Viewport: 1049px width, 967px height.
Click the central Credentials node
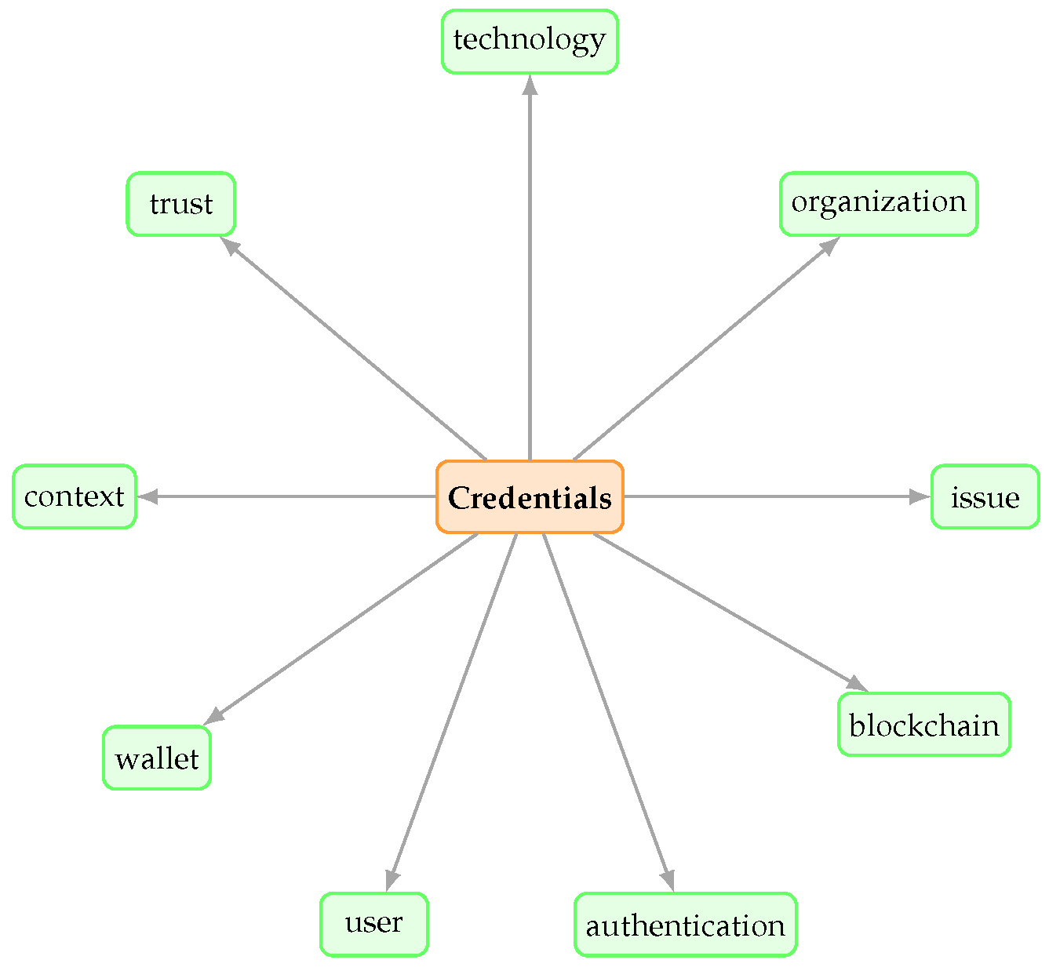coord(530,497)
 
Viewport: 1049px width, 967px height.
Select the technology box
coord(530,42)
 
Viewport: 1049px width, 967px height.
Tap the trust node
coord(181,204)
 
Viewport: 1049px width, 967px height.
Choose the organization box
coord(879,203)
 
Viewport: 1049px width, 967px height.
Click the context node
coord(75,496)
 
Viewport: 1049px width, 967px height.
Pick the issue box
coord(985,496)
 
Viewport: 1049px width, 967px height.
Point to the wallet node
coord(157,758)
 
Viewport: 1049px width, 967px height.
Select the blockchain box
coord(924,725)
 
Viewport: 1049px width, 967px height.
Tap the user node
coord(374,924)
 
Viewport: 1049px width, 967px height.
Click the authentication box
coord(686,925)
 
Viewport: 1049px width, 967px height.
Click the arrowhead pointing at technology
coord(530,85)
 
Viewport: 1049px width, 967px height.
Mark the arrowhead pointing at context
coord(148,496)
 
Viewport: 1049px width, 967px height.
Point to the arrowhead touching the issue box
coord(920,496)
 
